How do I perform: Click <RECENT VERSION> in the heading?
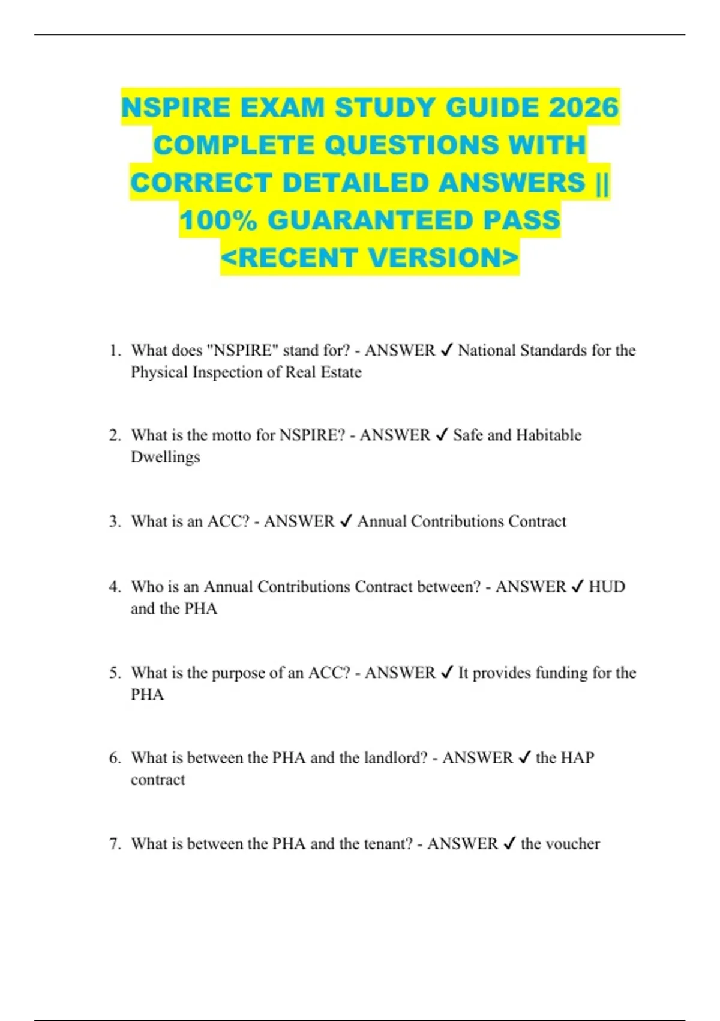pos(370,258)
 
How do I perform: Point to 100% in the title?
pos(218,220)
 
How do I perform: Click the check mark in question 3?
pos(346,521)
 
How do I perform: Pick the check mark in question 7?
pos(509,844)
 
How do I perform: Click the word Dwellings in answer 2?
pos(165,457)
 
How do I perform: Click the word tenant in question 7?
pos(388,844)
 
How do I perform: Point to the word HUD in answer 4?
pos(607,587)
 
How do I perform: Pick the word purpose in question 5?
pos(235,674)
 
